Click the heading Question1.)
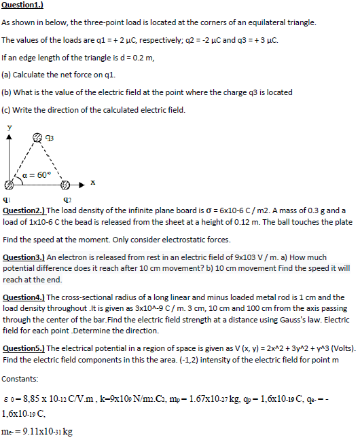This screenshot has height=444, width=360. (22, 5)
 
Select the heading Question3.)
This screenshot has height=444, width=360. (24, 258)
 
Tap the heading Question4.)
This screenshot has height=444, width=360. (24, 297)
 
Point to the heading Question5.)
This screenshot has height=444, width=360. (24, 348)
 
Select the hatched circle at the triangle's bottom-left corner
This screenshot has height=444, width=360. (9, 184)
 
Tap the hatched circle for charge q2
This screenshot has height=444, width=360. (65, 184)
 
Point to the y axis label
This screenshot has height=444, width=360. (9, 126)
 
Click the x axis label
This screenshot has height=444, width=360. (92, 182)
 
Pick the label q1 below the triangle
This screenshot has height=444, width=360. (7, 200)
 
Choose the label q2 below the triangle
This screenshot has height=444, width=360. (67, 200)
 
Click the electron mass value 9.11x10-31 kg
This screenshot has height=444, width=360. (48, 431)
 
